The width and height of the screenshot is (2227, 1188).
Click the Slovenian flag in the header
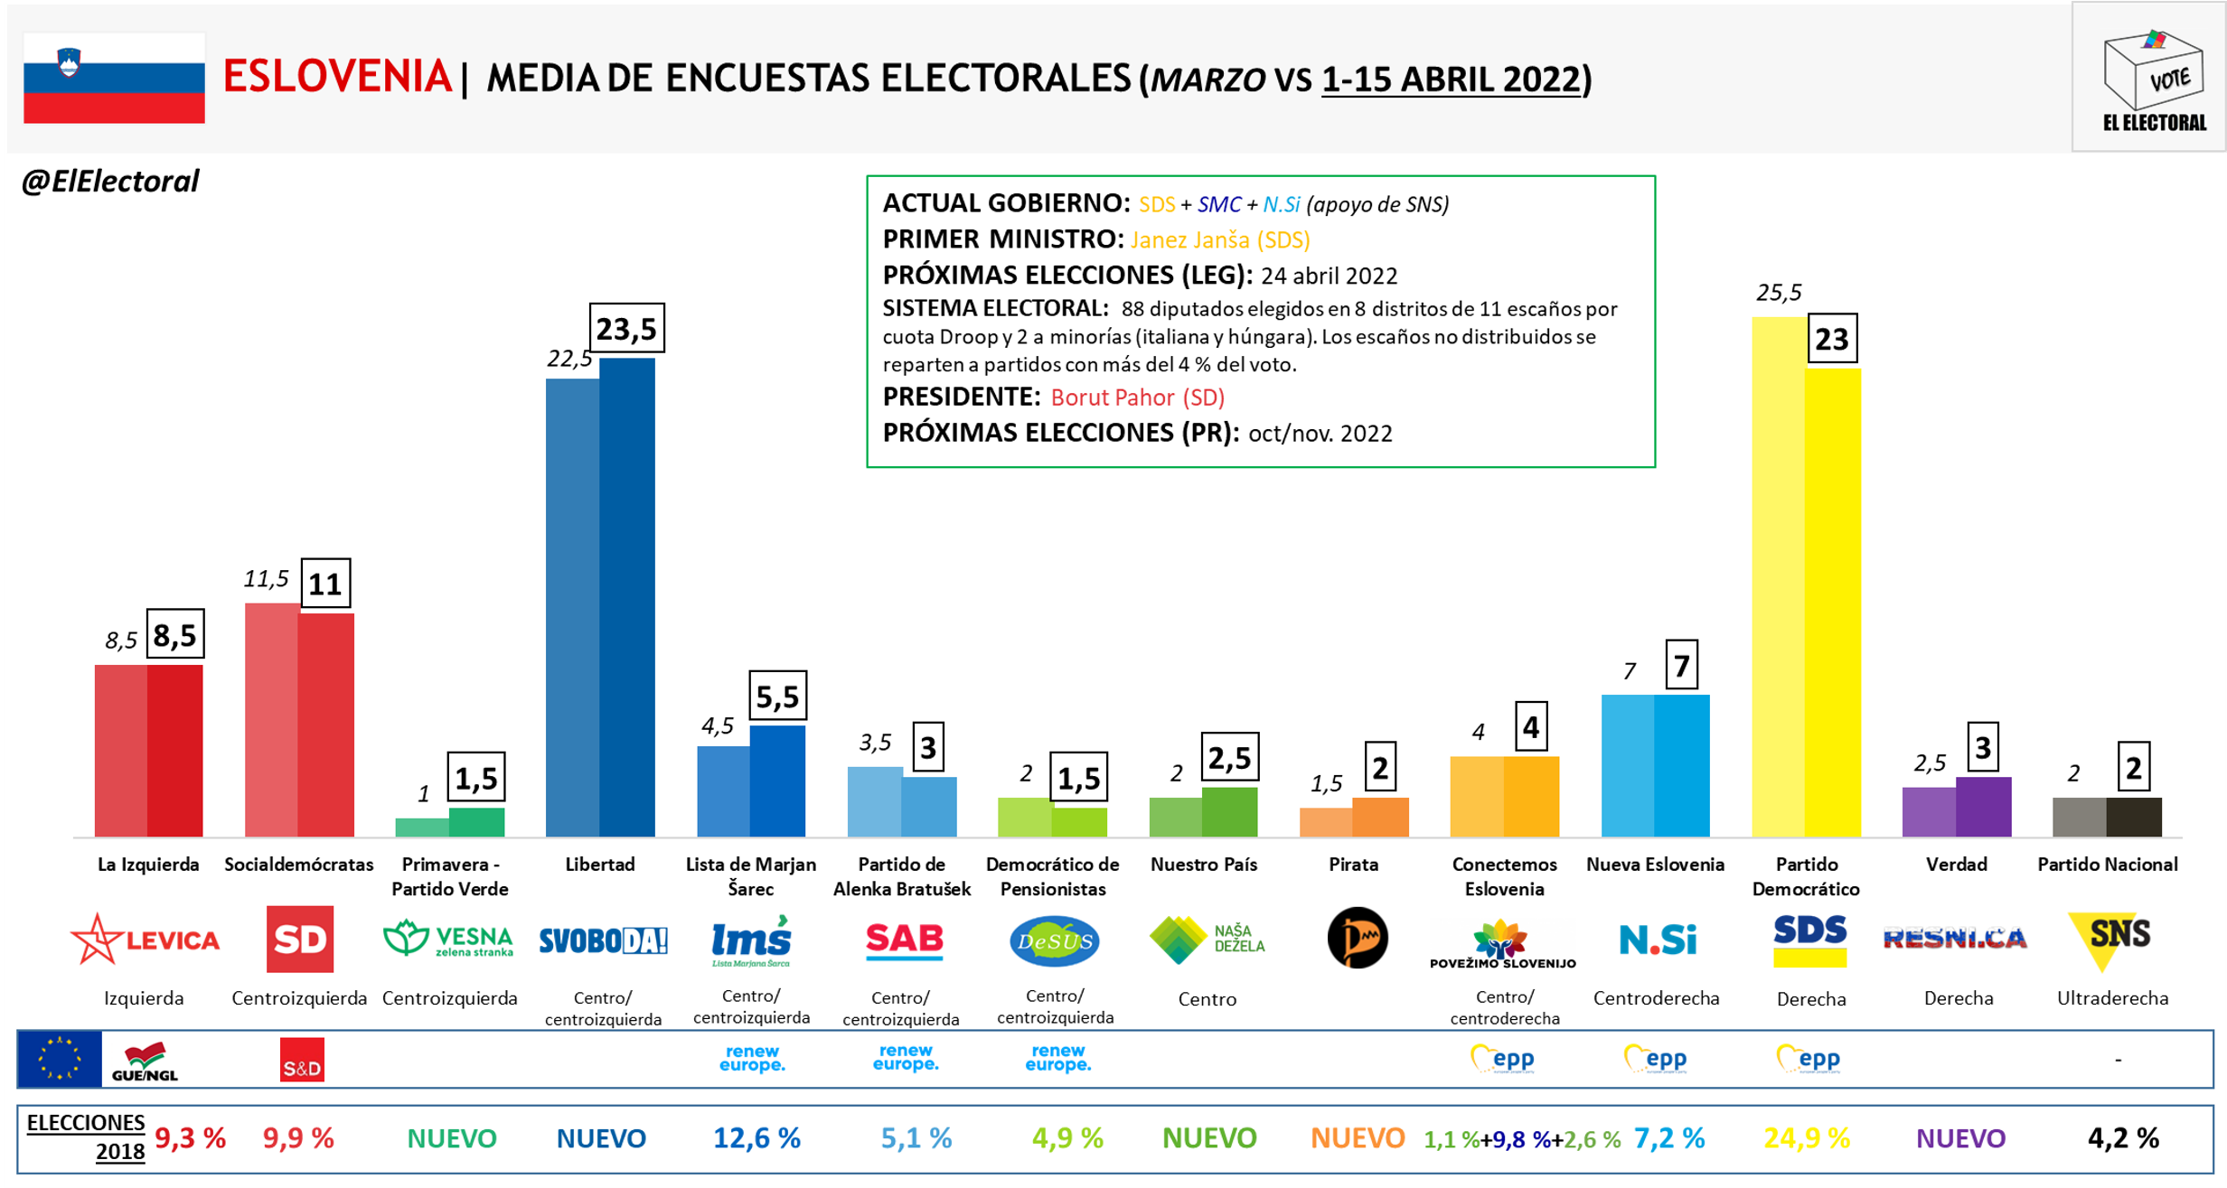tap(114, 78)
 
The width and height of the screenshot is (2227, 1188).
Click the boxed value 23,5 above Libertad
tap(626, 328)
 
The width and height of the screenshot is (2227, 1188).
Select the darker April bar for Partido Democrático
tap(1833, 601)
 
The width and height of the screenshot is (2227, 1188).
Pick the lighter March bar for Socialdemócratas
tap(271, 719)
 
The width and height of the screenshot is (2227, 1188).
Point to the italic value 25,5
tap(1778, 293)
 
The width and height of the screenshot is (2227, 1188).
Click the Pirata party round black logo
tap(1357, 938)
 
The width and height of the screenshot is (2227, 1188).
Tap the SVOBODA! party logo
tap(603, 941)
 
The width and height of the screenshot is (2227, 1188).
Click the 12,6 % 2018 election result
tap(756, 1138)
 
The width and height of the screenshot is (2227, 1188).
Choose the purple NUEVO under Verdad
tap(1960, 1138)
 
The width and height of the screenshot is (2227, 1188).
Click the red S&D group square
tap(302, 1060)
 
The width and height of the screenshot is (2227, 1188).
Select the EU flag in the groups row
tap(60, 1059)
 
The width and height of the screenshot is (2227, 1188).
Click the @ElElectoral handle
tap(110, 182)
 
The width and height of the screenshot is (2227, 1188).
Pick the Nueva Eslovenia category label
tap(1655, 865)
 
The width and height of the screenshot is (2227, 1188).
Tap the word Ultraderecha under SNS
tap(2112, 998)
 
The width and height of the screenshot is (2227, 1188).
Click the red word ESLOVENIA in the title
tap(337, 77)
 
